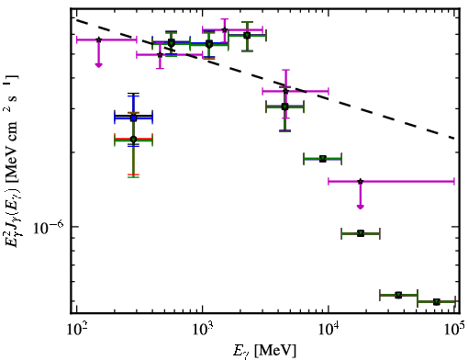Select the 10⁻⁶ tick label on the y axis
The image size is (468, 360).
[48, 227]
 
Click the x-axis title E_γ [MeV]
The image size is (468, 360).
[264, 351]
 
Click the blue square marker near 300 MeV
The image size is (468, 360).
[133, 118]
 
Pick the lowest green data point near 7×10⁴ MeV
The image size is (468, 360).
[437, 302]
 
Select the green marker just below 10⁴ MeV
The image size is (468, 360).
[323, 159]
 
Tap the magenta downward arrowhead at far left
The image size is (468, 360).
[98, 64]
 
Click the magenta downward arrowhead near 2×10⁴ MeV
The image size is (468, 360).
[361, 207]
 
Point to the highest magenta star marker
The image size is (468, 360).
[225, 30]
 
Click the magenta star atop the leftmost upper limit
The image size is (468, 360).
[98, 39]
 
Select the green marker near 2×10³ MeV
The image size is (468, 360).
[247, 36]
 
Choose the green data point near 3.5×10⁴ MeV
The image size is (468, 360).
[398, 295]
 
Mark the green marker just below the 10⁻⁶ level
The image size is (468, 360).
[361, 233]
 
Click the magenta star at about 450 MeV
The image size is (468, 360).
[160, 55]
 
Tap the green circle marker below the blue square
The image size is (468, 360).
[133, 140]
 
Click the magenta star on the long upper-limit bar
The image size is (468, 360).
[361, 182]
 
